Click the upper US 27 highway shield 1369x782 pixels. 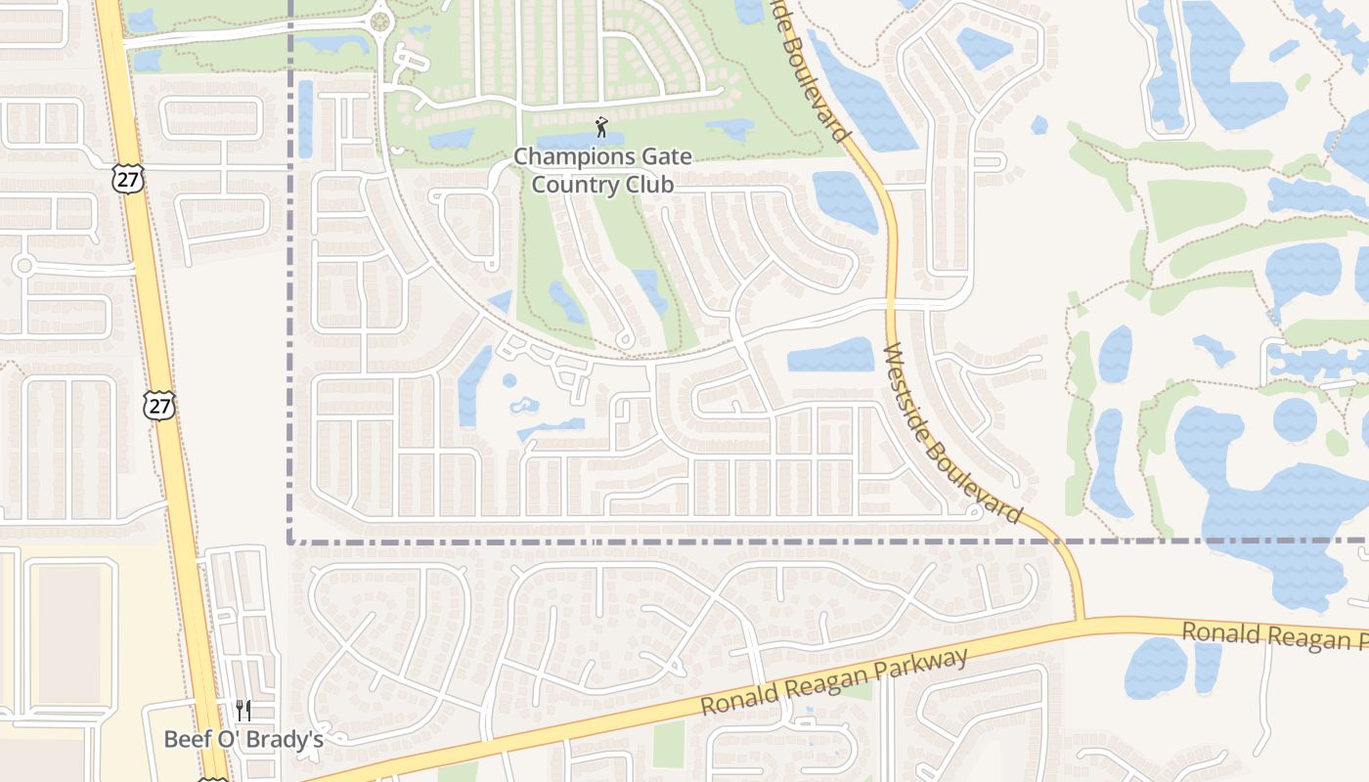tap(128, 178)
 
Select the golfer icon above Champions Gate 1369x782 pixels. tap(600, 127)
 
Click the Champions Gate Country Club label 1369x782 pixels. tap(602, 170)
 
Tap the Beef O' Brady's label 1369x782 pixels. tap(243, 739)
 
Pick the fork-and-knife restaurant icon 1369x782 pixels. tap(243, 711)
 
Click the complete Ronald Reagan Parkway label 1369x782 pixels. tap(835, 681)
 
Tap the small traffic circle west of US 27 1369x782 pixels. tap(23, 265)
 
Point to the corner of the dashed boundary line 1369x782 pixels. tap(290, 541)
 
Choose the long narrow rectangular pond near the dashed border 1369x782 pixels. tap(305, 118)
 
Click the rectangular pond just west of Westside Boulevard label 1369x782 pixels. tap(830, 356)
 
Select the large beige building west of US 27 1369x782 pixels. tap(68, 633)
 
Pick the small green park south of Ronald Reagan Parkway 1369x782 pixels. tap(669, 743)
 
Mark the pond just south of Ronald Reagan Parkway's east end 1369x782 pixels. tap(1156, 667)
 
